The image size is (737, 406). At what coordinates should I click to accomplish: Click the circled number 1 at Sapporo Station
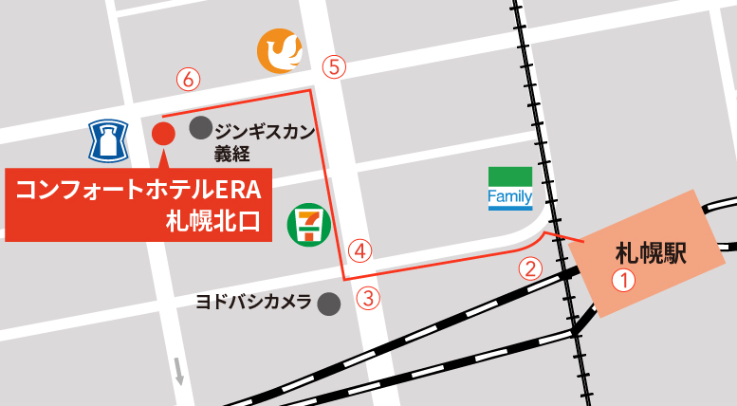tap(622, 281)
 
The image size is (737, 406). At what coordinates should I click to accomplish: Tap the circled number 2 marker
tap(531, 268)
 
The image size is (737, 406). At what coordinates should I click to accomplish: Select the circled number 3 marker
tap(368, 298)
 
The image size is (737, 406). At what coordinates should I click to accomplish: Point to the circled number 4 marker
tap(359, 251)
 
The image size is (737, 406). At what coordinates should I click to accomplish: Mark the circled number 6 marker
tap(189, 80)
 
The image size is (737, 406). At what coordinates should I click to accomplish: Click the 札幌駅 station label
tap(651, 252)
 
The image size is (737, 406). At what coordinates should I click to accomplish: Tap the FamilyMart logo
tap(509, 189)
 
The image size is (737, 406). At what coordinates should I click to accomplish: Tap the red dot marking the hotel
tap(163, 134)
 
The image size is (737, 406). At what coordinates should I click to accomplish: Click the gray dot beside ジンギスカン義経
tap(200, 127)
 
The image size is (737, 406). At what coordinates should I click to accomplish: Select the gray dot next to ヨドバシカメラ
tap(328, 304)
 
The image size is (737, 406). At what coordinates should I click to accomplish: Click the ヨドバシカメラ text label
tap(253, 303)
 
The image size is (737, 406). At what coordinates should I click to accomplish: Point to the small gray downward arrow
tap(178, 371)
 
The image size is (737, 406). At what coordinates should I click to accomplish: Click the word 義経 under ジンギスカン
tap(233, 154)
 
